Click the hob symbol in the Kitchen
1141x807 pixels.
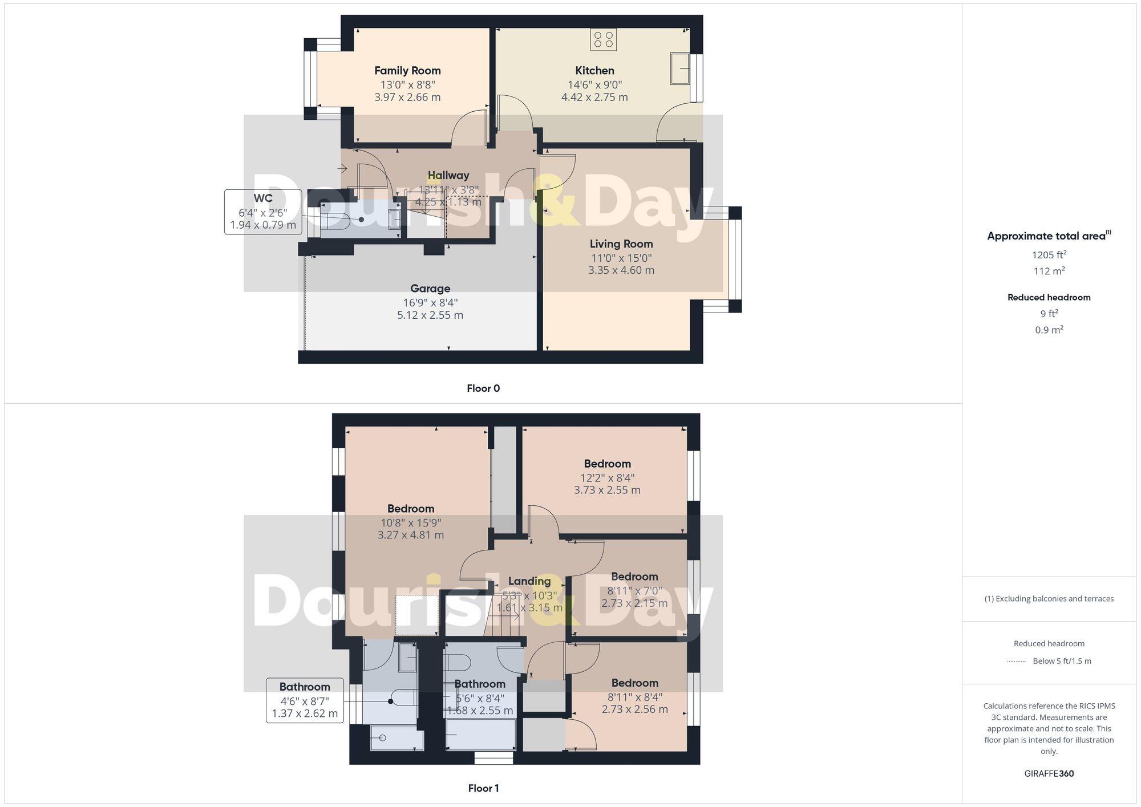pyautogui.click(x=603, y=39)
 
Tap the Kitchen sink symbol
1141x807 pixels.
pyautogui.click(x=679, y=68)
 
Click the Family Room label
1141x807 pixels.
pyautogui.click(x=407, y=71)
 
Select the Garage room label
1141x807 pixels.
pyautogui.click(x=430, y=289)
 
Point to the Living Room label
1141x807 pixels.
pyautogui.click(x=621, y=244)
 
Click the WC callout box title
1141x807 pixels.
pyautogui.click(x=263, y=198)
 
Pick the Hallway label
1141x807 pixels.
pyautogui.click(x=448, y=176)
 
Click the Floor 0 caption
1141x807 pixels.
pyautogui.click(x=483, y=388)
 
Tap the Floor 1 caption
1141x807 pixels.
pyautogui.click(x=483, y=788)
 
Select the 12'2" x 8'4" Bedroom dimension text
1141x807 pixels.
pyautogui.click(x=607, y=478)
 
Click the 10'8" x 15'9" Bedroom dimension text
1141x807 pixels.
pyautogui.click(x=411, y=522)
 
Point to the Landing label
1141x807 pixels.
pyautogui.click(x=529, y=581)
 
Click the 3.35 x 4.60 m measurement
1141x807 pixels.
pyautogui.click(x=621, y=270)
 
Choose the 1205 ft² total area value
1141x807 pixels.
pyautogui.click(x=1049, y=254)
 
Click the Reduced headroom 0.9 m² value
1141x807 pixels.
pyautogui.click(x=1049, y=330)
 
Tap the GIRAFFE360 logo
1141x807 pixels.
pyautogui.click(x=1049, y=774)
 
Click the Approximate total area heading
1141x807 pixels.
pyautogui.click(x=1049, y=236)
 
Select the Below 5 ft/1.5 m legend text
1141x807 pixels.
pyautogui.click(x=1062, y=661)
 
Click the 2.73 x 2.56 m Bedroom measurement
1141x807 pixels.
pyautogui.click(x=634, y=709)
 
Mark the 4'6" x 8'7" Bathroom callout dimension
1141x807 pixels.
pyautogui.click(x=305, y=701)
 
